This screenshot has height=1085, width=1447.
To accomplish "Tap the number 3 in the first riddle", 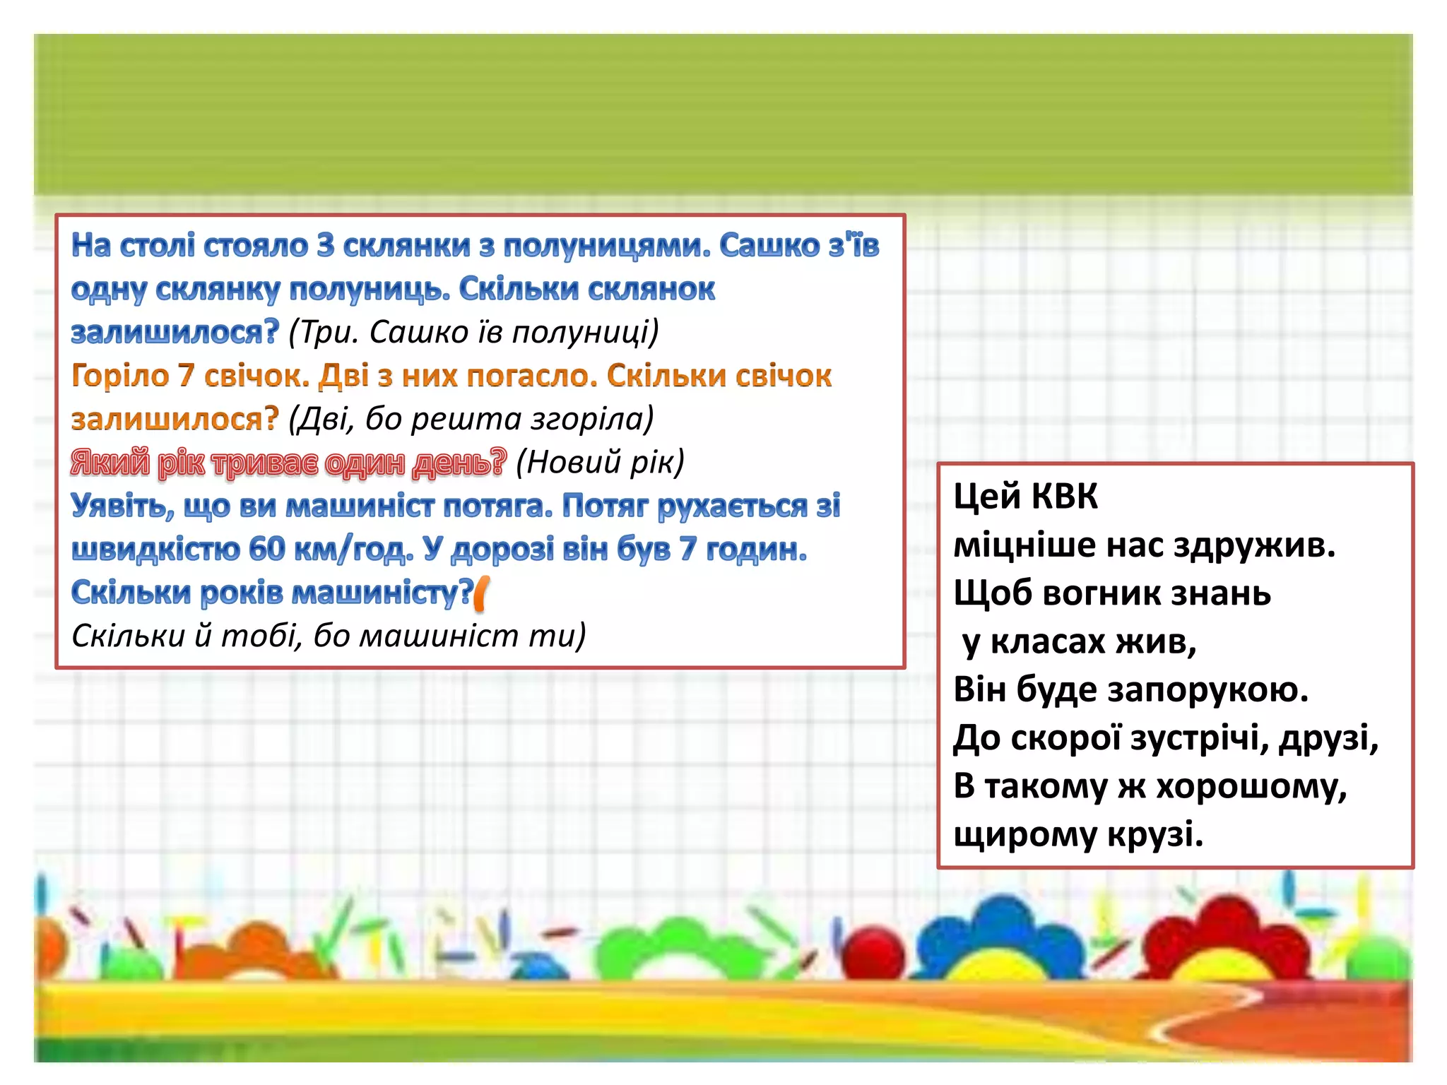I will click(x=325, y=246).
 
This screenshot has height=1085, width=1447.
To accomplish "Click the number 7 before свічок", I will click(x=187, y=376).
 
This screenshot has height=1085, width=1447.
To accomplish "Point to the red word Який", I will click(x=110, y=463).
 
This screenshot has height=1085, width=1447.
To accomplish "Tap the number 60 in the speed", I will click(x=266, y=549).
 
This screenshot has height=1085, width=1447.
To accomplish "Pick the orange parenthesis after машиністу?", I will click(x=482, y=593).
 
